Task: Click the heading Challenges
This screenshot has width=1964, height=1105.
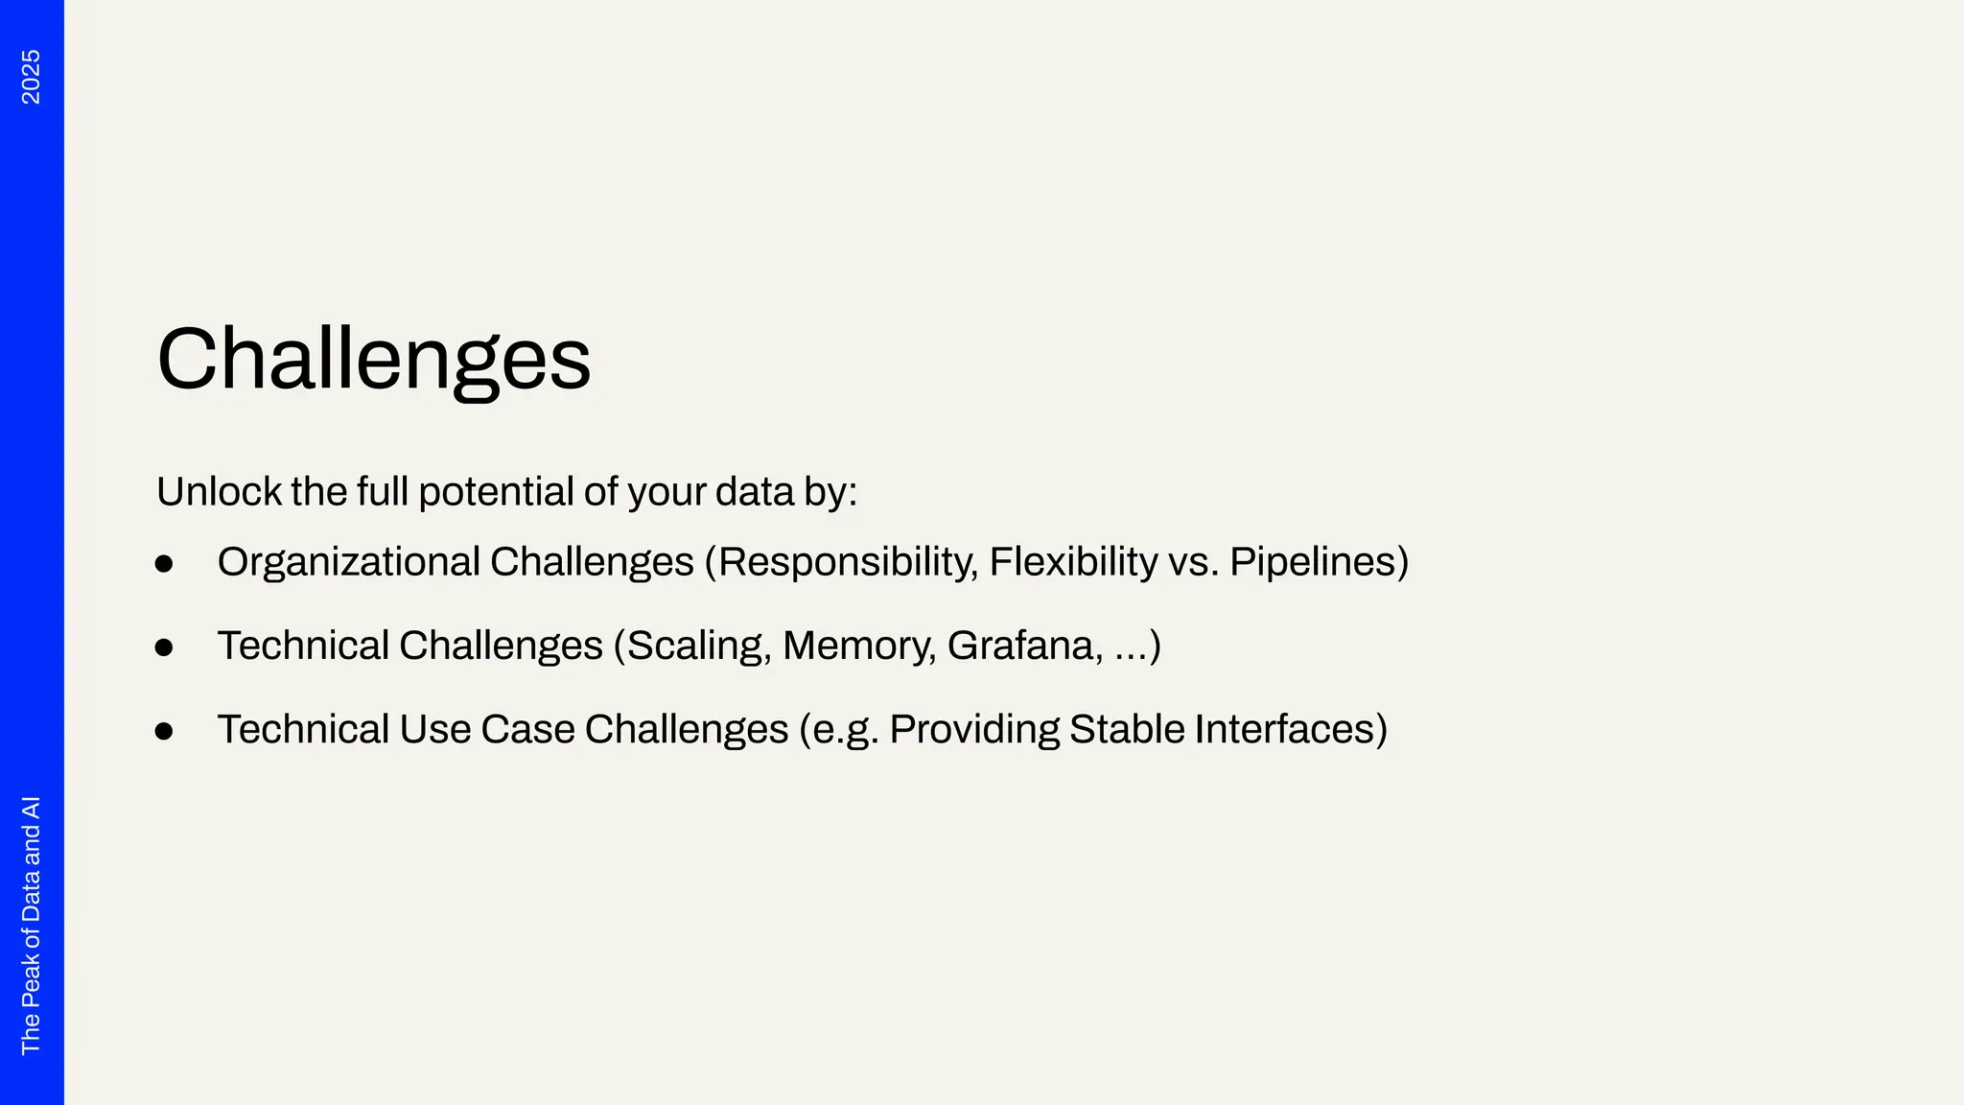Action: click(x=373, y=360)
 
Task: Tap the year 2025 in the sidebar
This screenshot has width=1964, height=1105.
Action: click(x=31, y=77)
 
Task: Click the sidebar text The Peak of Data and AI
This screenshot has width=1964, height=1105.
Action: click(x=31, y=925)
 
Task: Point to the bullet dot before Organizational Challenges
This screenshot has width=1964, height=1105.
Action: click(x=164, y=564)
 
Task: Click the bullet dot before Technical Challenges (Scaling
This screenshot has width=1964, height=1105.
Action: click(x=164, y=647)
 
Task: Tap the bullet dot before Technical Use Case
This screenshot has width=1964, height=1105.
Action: click(x=164, y=732)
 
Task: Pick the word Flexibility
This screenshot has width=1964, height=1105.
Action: click(x=1073, y=562)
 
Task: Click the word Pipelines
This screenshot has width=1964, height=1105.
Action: click(x=1313, y=563)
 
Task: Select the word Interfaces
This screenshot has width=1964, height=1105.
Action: click(x=1284, y=729)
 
